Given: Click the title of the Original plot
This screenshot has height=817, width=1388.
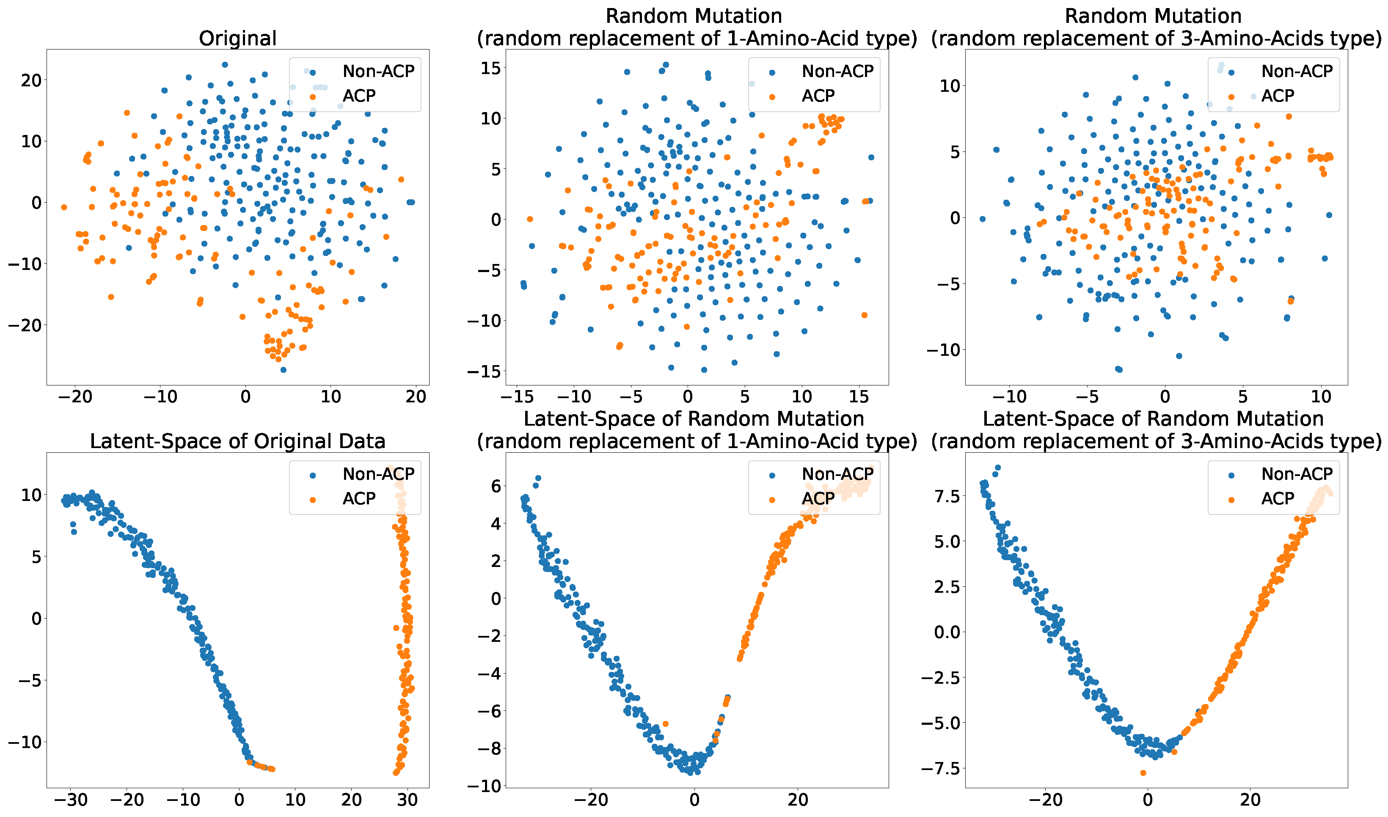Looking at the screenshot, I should pyautogui.click(x=237, y=38).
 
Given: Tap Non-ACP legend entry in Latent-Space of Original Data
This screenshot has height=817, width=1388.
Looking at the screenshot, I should pyautogui.click(x=378, y=473).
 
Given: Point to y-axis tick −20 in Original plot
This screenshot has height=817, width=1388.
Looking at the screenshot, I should pyautogui.click(x=25, y=325).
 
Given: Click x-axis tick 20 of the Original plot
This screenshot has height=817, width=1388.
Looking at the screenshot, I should pyautogui.click(x=416, y=396).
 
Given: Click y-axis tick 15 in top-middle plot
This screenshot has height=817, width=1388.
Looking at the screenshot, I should pyautogui.click(x=490, y=68).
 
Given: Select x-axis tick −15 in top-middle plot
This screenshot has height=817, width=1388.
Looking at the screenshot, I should pyautogui.click(x=517, y=396).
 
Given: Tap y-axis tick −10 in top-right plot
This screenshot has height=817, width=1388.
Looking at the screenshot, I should pyautogui.click(x=943, y=349).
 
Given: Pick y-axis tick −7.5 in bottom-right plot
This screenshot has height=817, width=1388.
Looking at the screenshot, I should pyautogui.click(x=942, y=768).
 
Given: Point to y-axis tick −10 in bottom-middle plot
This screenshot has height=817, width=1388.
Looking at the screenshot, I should pyautogui.click(x=485, y=786).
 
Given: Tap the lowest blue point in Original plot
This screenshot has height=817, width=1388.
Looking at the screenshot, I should pyautogui.click(x=283, y=369).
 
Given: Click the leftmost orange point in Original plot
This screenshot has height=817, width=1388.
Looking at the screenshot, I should pyautogui.click(x=64, y=207).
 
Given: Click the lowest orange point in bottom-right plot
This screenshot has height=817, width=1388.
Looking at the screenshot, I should pyautogui.click(x=1143, y=773).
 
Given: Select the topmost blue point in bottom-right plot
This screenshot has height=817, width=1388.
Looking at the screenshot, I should pyautogui.click(x=997, y=468).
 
